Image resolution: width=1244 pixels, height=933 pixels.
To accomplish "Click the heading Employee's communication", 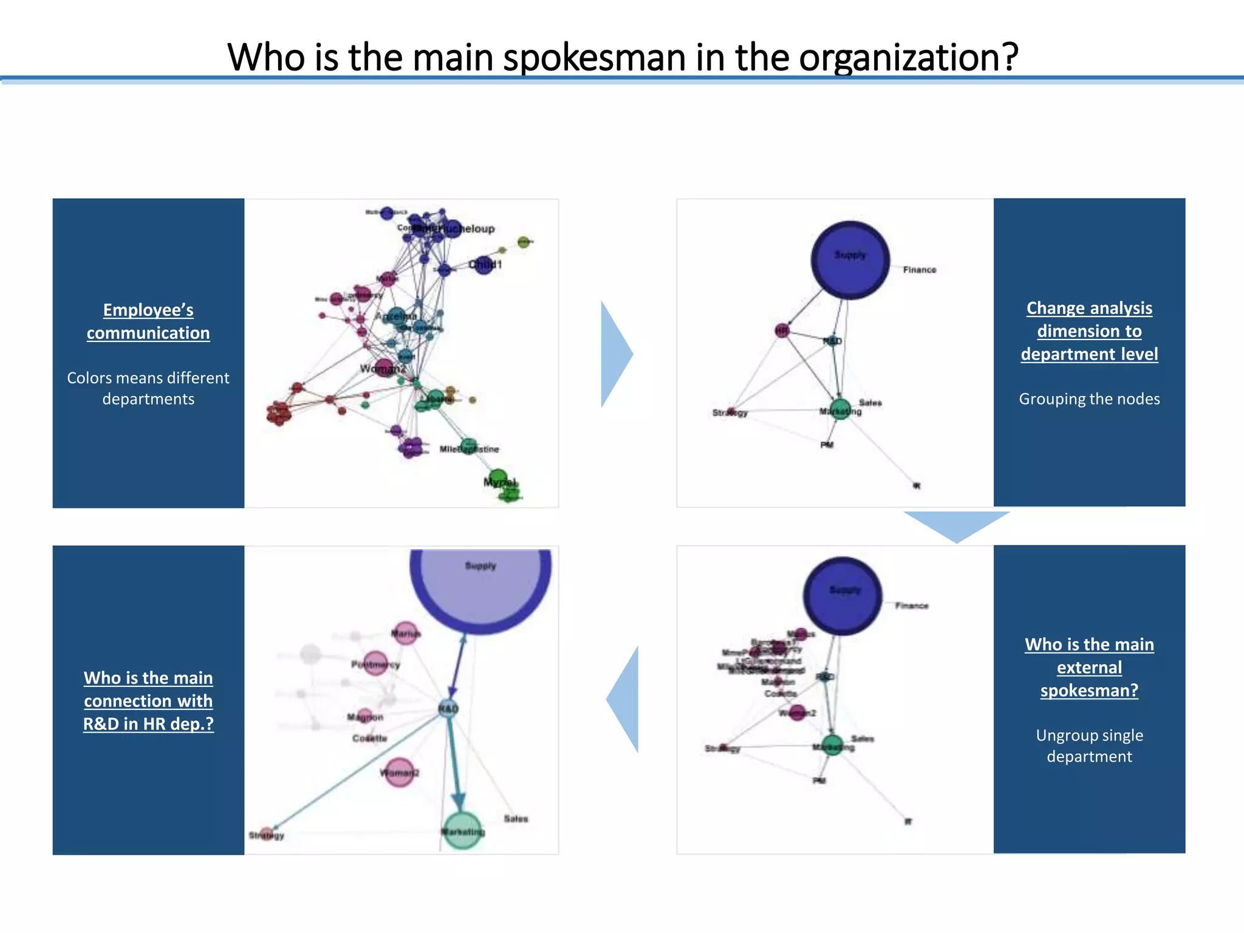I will [148, 321].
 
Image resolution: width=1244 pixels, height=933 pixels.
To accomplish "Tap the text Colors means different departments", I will [148, 388].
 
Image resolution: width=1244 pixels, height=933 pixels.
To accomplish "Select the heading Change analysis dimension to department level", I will [1089, 331].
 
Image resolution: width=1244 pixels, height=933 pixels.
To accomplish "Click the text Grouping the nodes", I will [1089, 399].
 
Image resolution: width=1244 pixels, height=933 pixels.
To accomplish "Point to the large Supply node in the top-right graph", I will [850, 260].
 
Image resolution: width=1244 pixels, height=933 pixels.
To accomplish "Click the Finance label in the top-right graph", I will [919, 270].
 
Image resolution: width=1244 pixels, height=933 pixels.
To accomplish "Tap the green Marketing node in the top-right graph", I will [840, 409].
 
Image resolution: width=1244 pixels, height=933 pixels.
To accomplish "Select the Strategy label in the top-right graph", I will [730, 413].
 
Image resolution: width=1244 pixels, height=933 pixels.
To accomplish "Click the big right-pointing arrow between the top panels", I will [615, 354].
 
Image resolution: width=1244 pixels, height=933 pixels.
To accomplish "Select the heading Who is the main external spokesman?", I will [1089, 667].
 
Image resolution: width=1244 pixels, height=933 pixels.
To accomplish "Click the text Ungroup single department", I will [1089, 746].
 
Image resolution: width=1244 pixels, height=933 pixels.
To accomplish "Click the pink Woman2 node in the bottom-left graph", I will [399, 773].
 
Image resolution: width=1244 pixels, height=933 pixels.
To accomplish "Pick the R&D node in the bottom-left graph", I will [448, 708].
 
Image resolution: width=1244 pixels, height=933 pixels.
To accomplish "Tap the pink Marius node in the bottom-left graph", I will [405, 634].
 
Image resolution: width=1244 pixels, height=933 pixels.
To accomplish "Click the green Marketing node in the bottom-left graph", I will [462, 830].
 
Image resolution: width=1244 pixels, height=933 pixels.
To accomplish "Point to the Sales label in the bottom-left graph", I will [516, 819].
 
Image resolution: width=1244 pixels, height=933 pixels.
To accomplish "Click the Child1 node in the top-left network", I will [484, 265].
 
